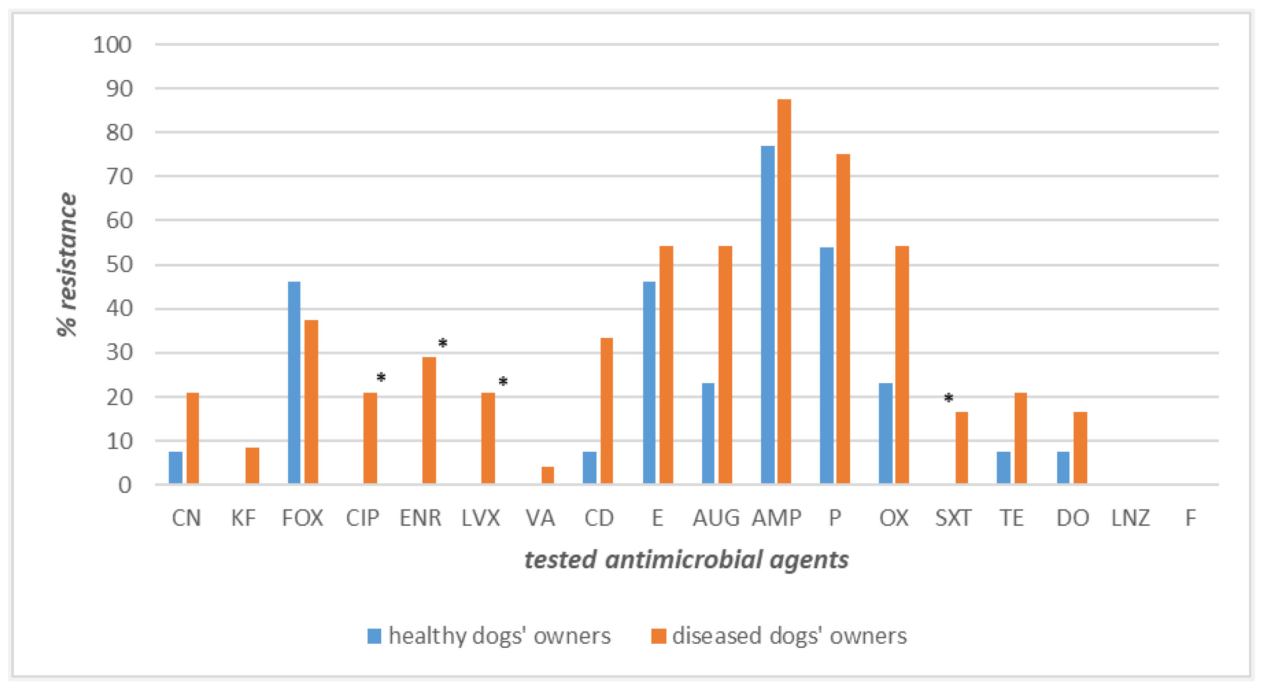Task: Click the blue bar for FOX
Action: coord(294,383)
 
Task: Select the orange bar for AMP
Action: coord(784,291)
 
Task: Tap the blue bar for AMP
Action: coord(768,314)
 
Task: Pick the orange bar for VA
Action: coord(548,475)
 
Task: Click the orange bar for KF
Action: coord(252,465)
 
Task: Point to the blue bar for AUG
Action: coord(708,433)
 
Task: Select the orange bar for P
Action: coord(843,319)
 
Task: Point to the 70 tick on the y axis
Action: coord(119,177)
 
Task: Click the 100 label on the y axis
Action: coord(112,45)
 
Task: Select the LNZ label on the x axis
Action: coord(1131,518)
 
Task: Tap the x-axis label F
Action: coord(1190,518)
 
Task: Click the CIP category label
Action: coord(362,518)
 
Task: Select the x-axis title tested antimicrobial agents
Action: coord(686,559)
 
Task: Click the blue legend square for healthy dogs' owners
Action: coord(375,636)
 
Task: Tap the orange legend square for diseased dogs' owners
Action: coord(658,636)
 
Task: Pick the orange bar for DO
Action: coord(1080,448)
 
